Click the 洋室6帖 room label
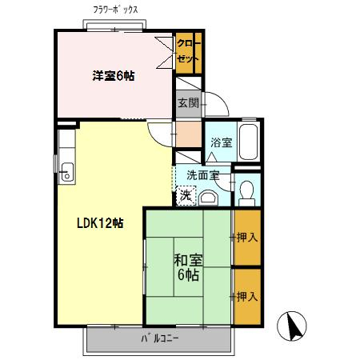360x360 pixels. pos(113,76)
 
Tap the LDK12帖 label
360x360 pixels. pos(100,223)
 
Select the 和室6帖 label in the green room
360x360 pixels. pos(188,267)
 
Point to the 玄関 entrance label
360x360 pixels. pos(188,102)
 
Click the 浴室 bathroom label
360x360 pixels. pos(221,142)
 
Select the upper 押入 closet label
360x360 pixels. pos(247,237)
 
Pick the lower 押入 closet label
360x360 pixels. pos(247,297)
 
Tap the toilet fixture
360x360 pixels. pos(247,190)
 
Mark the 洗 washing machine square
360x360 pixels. pos(186,194)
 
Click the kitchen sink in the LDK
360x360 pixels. pos(66,170)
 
